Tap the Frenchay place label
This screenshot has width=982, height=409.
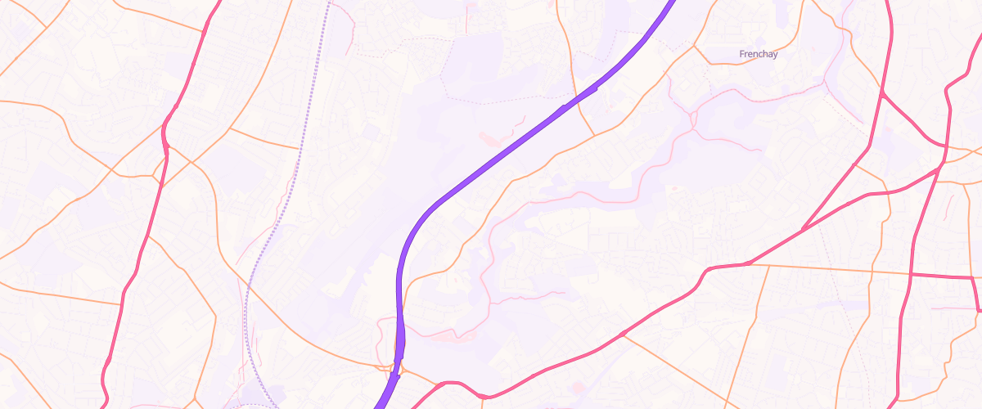[x=758, y=54]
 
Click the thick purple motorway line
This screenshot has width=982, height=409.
[x=491, y=164]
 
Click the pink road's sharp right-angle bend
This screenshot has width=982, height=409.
[x=974, y=278]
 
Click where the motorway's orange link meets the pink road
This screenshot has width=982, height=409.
[x=443, y=383]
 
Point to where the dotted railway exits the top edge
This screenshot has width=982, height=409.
[x=329, y=2]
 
